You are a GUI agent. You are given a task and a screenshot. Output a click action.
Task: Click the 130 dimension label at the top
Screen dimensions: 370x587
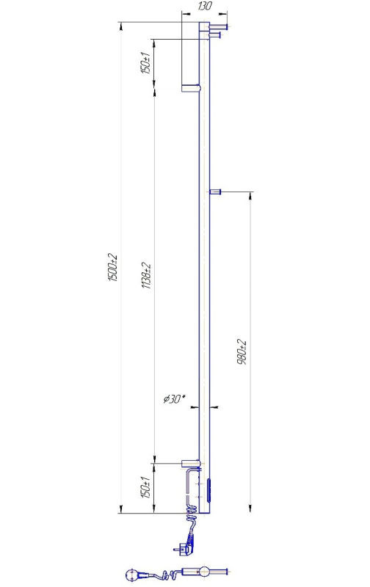click(205, 6)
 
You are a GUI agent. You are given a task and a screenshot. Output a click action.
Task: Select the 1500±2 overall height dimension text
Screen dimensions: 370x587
click(113, 268)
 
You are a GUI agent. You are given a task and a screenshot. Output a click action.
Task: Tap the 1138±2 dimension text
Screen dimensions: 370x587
click(146, 275)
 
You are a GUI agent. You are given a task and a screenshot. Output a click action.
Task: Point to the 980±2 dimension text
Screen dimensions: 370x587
click(242, 352)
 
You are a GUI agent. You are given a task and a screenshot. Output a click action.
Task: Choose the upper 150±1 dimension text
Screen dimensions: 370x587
click(145, 62)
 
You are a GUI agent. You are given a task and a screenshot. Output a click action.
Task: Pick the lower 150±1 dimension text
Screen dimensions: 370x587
click(145, 487)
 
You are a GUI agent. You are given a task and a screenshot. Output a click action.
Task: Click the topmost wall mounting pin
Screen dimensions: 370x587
click(218, 26)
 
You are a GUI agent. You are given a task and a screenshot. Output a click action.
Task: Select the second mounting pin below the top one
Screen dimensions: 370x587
click(215, 35)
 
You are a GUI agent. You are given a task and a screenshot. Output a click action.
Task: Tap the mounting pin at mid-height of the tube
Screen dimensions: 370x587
click(215, 192)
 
